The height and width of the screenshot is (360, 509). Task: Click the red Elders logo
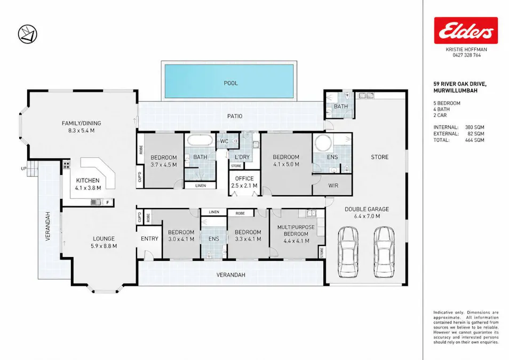click(x=466, y=30)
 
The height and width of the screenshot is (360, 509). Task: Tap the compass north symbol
click(x=27, y=34)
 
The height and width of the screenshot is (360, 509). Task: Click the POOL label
click(x=231, y=83)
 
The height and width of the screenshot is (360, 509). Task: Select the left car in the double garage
click(x=348, y=252)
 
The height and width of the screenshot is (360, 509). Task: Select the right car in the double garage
click(x=384, y=252)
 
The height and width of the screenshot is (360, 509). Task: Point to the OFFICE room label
click(x=244, y=179)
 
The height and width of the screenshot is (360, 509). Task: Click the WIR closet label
click(x=333, y=186)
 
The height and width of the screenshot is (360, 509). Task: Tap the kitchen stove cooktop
click(x=66, y=165)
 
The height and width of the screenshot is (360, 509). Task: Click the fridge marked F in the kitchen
click(x=107, y=203)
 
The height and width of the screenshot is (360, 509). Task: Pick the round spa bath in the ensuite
click(x=323, y=143)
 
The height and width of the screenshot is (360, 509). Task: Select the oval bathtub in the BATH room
click(x=200, y=141)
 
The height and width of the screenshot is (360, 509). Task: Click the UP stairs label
click(x=23, y=169)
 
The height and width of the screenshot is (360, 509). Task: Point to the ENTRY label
click(x=149, y=238)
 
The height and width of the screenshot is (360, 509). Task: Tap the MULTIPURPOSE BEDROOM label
click(x=296, y=230)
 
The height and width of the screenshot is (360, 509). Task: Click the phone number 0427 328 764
click(x=467, y=55)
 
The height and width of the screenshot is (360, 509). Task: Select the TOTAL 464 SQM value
click(x=475, y=140)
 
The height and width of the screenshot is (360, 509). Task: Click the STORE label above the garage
click(x=380, y=157)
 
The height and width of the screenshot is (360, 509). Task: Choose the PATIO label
click(x=235, y=116)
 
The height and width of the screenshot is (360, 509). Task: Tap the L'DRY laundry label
click(x=242, y=157)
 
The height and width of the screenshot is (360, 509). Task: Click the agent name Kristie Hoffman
click(x=466, y=50)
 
